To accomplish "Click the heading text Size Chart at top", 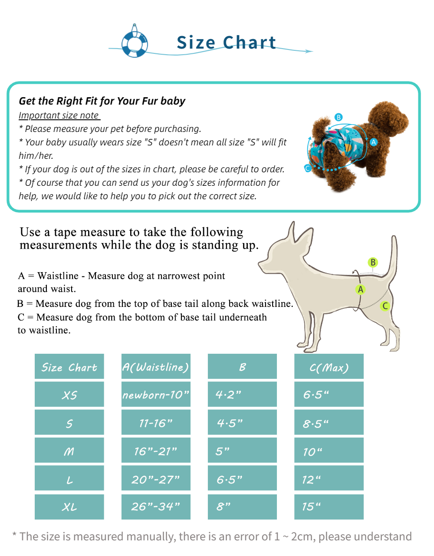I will (226, 43).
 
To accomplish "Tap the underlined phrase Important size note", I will (59, 115).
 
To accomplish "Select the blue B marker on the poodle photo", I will (339, 117).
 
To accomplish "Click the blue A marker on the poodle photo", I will (374, 142).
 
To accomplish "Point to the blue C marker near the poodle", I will (308, 168).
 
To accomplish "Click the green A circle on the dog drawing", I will (360, 290).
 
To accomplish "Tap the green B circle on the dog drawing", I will (372, 262).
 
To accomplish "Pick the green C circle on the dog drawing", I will (385, 306).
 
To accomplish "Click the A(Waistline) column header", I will (156, 367).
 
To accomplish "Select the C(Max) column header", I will (329, 367).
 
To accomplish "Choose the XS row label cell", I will (69, 395).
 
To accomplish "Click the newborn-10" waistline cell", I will (156, 395).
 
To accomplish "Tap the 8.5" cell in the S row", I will (329, 423).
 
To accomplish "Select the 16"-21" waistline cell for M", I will (156, 451).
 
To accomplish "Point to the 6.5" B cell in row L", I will (242, 479).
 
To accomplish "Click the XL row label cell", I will (69, 507).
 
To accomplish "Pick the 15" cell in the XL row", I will (329, 507).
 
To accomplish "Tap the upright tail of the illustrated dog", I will (393, 256).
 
